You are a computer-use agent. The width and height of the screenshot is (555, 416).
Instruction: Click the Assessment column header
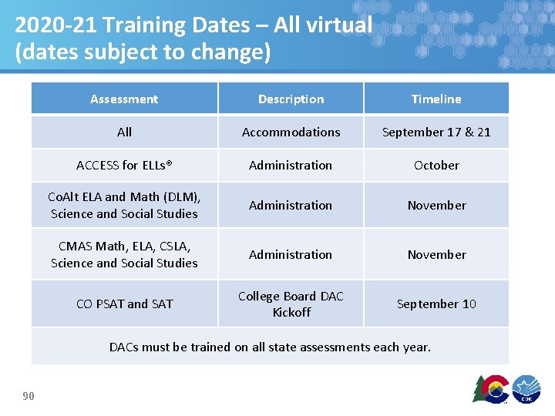(124, 99)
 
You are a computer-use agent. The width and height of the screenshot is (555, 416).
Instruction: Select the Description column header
(291, 99)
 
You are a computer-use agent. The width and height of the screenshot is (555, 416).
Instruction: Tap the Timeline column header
(436, 99)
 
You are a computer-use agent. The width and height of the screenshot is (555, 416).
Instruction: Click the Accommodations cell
(291, 132)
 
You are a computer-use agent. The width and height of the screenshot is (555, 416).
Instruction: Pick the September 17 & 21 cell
(436, 132)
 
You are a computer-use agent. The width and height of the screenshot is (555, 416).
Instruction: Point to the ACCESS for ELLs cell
(124, 165)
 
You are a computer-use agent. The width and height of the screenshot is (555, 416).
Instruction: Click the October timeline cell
(436, 165)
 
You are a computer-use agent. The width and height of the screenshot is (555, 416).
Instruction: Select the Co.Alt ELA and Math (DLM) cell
(124, 205)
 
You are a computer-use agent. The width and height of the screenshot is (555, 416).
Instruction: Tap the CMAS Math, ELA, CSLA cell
(124, 254)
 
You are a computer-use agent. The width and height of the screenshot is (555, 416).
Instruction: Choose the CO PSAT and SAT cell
(124, 304)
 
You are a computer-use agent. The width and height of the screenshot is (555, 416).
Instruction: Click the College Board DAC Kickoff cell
(291, 304)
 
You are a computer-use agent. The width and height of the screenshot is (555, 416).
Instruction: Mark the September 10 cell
(436, 304)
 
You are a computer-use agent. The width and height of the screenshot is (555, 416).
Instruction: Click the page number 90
(29, 396)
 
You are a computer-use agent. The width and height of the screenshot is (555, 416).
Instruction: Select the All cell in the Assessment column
(124, 132)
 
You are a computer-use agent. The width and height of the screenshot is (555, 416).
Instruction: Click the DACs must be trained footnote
(270, 347)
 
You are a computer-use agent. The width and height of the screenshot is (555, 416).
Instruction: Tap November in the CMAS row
(436, 254)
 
